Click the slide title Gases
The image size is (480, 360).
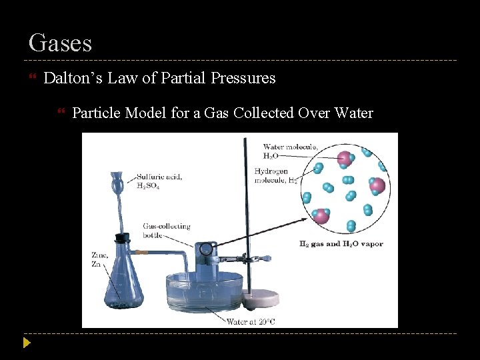tap(60, 43)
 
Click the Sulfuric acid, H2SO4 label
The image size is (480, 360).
tap(159, 181)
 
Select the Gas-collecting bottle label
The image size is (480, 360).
tap(157, 231)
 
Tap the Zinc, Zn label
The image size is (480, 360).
tap(99, 259)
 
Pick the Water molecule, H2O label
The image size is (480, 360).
tap(281, 151)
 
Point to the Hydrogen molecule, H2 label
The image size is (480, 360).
tap(275, 176)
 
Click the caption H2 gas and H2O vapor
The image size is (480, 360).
tap(341, 244)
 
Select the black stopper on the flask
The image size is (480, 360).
tap(121, 237)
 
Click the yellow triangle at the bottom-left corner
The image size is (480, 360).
tap(26, 343)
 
